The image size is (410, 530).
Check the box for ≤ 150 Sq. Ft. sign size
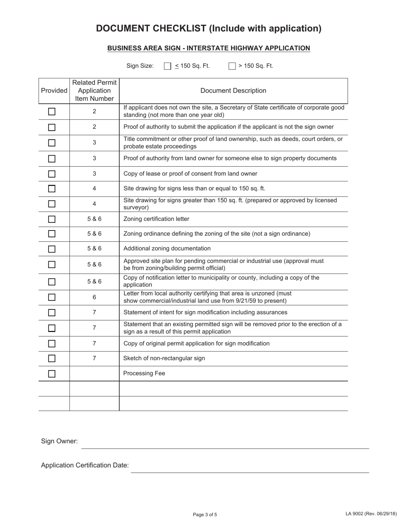168,66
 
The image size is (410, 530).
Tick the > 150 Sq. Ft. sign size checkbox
232,66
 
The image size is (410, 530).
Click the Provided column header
54,90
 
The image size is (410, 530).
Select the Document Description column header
233,90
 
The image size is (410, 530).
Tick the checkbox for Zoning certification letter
52,219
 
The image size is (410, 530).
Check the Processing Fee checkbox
52,374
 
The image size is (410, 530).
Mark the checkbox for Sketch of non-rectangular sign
52,359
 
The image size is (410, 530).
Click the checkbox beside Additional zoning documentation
52,249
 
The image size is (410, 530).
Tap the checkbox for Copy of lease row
52,174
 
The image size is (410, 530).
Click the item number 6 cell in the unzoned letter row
94,297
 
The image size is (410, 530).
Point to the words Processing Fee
144,374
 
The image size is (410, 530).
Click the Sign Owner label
60,441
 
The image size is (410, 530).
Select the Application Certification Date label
85,465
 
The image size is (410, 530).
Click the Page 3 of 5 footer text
205,514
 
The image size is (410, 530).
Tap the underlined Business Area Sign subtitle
208,48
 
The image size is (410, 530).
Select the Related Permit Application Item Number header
94,90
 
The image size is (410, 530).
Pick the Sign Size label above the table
140,66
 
